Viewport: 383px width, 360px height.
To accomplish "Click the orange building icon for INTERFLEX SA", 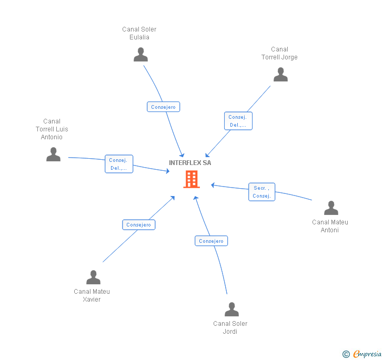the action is point(191,179).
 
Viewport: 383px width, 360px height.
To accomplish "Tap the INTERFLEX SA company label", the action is point(190,163).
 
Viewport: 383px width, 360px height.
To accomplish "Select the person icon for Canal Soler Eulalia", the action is point(140,55).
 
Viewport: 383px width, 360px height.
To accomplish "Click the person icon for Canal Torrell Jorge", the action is point(280,75).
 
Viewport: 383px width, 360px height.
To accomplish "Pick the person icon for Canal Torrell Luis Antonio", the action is point(53,154).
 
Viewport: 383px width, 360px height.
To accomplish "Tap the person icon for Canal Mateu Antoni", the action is point(331,208).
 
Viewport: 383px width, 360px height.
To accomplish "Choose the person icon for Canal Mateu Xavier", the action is point(93,277).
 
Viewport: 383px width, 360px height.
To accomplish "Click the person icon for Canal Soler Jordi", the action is point(231,310).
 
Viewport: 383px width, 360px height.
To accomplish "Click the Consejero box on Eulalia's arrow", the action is point(163,107).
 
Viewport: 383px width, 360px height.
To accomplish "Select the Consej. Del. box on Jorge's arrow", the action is point(238,121).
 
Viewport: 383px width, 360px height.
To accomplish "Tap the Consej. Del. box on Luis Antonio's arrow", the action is point(119,164).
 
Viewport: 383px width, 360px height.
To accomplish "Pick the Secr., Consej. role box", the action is point(261,192).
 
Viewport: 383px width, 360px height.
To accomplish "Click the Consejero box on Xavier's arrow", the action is point(139,224).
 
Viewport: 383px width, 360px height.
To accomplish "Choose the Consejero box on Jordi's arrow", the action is point(211,241).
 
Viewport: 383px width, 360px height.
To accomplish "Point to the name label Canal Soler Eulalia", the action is point(139,33).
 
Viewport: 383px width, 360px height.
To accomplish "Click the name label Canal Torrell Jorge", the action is point(279,53).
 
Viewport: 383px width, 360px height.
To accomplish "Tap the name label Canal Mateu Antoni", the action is point(330,226).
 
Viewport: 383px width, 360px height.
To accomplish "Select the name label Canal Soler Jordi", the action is point(230,327).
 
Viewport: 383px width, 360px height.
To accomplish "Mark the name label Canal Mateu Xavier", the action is point(92,295).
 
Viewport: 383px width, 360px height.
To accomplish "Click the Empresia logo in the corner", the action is point(362,354).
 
